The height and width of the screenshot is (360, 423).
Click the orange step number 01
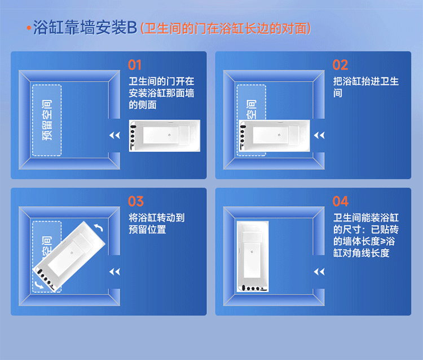tap(135, 65)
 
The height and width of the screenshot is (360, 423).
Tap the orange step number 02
tap(340, 65)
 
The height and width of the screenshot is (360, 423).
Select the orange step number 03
tap(136, 201)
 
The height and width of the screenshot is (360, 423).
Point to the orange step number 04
tap(341, 201)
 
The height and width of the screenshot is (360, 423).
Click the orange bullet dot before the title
tap(29, 28)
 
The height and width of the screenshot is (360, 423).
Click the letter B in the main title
tap(132, 28)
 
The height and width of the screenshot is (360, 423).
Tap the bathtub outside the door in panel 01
tap(165, 136)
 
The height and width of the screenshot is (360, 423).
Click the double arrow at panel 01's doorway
tap(114, 135)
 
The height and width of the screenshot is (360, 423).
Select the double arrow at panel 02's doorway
tap(319, 135)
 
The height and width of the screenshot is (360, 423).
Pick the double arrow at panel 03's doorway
tap(114, 272)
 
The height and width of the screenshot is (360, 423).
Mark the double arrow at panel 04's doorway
tap(319, 272)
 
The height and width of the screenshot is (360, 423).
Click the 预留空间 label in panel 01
tap(47, 120)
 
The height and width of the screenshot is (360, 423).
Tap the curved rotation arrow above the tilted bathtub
tap(99, 228)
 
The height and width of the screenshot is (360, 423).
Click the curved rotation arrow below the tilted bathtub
tap(39, 285)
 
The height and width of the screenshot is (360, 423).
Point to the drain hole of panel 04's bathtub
tap(252, 252)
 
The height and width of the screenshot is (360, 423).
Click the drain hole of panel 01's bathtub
tap(169, 135)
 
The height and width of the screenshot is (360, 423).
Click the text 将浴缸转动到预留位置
tap(157, 224)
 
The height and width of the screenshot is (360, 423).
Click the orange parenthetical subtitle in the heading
tap(226, 28)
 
